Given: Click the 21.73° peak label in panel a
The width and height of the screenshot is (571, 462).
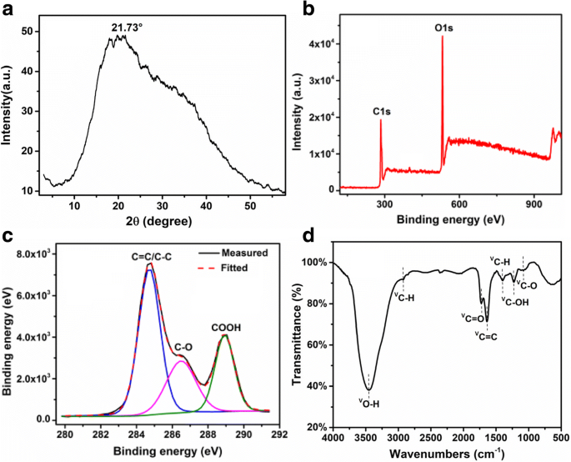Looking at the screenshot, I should coord(128,28).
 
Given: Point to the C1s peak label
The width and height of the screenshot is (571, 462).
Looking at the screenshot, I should coord(381,109).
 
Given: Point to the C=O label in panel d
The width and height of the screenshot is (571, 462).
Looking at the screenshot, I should coord(472,317).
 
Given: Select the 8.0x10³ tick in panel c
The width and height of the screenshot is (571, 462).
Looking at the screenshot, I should coord(36,254).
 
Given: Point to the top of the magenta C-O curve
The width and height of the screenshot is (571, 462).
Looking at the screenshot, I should coord(182,360).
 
